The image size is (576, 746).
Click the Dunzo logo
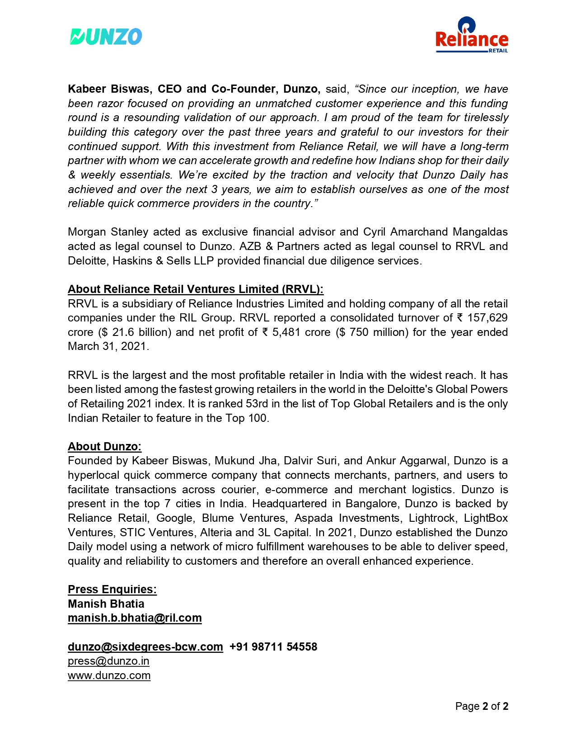coord(106,37)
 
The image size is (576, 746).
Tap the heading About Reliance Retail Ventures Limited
coord(195,289)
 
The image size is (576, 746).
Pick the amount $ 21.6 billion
coord(135,332)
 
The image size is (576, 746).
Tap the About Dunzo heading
coord(104,447)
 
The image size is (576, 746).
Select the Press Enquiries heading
coord(112,590)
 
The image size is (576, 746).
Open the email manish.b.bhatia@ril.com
coord(135,618)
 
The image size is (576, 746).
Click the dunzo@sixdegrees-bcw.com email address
coord(145,647)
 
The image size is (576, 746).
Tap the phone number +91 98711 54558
coord(273,647)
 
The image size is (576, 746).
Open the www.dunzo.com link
coord(109,675)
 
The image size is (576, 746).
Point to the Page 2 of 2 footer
coord(482,706)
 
